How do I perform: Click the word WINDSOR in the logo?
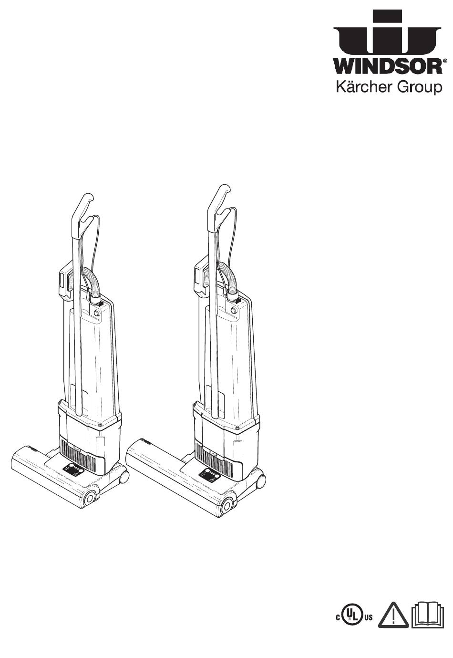coord(387,67)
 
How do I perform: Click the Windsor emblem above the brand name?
coord(387,33)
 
